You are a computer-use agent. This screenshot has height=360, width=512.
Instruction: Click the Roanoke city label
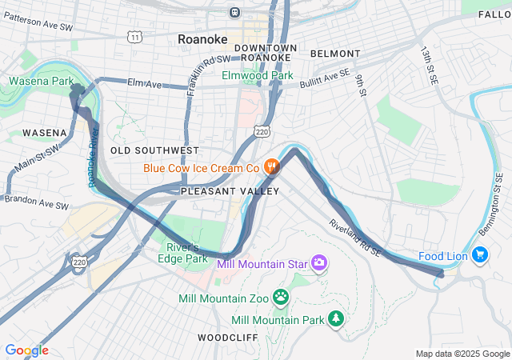[x=202, y=38]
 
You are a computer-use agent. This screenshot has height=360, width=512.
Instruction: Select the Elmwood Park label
[x=258, y=76]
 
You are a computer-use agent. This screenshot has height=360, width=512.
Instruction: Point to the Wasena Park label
[x=41, y=81]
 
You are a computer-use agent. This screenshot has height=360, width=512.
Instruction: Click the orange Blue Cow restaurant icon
[x=272, y=167]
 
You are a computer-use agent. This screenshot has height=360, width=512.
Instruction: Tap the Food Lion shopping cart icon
[x=480, y=255]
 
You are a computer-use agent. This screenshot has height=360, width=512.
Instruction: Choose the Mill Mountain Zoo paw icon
[x=281, y=298]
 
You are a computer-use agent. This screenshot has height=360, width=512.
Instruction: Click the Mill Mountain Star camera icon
[x=319, y=262]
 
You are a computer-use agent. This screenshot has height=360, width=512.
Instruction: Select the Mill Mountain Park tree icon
[x=337, y=319]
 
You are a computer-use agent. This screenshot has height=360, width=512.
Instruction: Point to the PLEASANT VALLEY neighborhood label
[x=230, y=191]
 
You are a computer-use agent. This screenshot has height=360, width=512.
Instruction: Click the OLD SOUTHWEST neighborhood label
[x=154, y=150]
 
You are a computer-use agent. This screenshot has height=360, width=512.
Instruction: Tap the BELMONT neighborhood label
[x=334, y=54]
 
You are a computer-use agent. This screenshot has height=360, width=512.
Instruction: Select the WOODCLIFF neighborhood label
[x=227, y=338]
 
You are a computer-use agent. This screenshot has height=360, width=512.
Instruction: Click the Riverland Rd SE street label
[x=355, y=238]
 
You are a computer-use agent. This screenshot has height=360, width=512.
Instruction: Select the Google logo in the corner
[x=26, y=350]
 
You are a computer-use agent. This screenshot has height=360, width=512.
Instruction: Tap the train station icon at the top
[x=234, y=12]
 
